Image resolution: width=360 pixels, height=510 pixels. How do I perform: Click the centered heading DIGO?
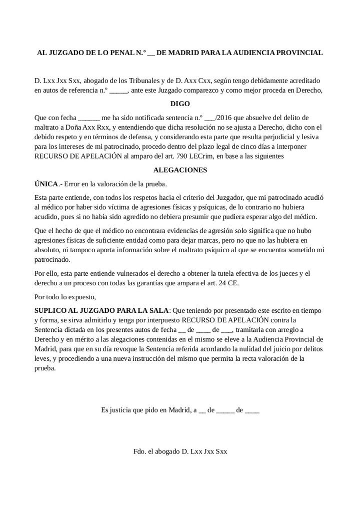coord(180,104)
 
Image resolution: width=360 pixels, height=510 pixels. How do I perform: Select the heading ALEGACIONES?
coord(180,170)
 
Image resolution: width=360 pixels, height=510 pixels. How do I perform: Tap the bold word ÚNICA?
coord(46,184)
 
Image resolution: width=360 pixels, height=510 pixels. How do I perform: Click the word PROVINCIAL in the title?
coord(301,53)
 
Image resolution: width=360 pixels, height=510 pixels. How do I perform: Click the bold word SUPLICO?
coord(49,311)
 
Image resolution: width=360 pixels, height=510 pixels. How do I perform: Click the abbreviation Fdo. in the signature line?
coord(139,451)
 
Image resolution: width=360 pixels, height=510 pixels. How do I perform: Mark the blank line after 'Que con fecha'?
coord(89,118)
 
